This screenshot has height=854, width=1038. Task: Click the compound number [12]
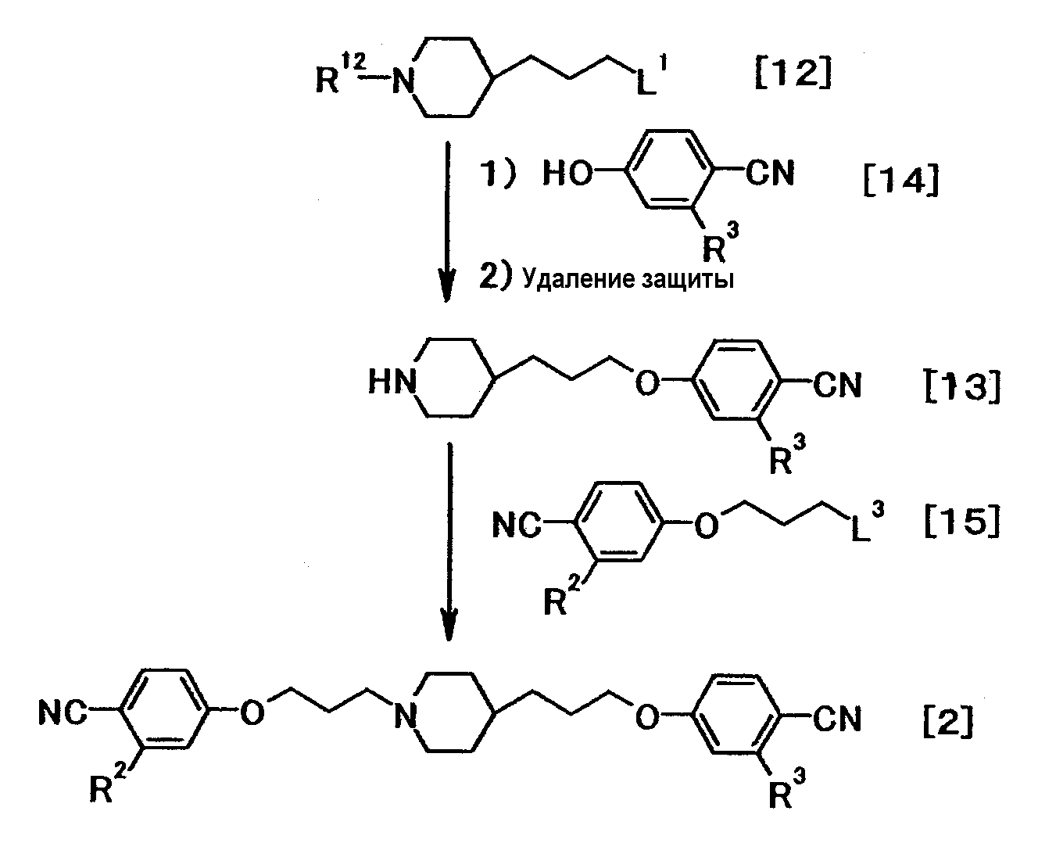click(793, 72)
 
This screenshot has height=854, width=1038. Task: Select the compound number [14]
click(901, 180)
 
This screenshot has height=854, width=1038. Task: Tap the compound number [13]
click(962, 386)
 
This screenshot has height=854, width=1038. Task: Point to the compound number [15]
click(962, 521)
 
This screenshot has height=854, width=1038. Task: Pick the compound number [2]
click(948, 722)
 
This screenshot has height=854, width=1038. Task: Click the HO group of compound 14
click(567, 174)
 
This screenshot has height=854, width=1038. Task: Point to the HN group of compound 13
click(392, 382)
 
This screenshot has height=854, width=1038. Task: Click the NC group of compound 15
click(517, 525)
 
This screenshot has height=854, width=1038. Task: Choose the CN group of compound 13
click(837, 385)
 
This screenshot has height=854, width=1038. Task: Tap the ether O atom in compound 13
click(646, 382)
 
